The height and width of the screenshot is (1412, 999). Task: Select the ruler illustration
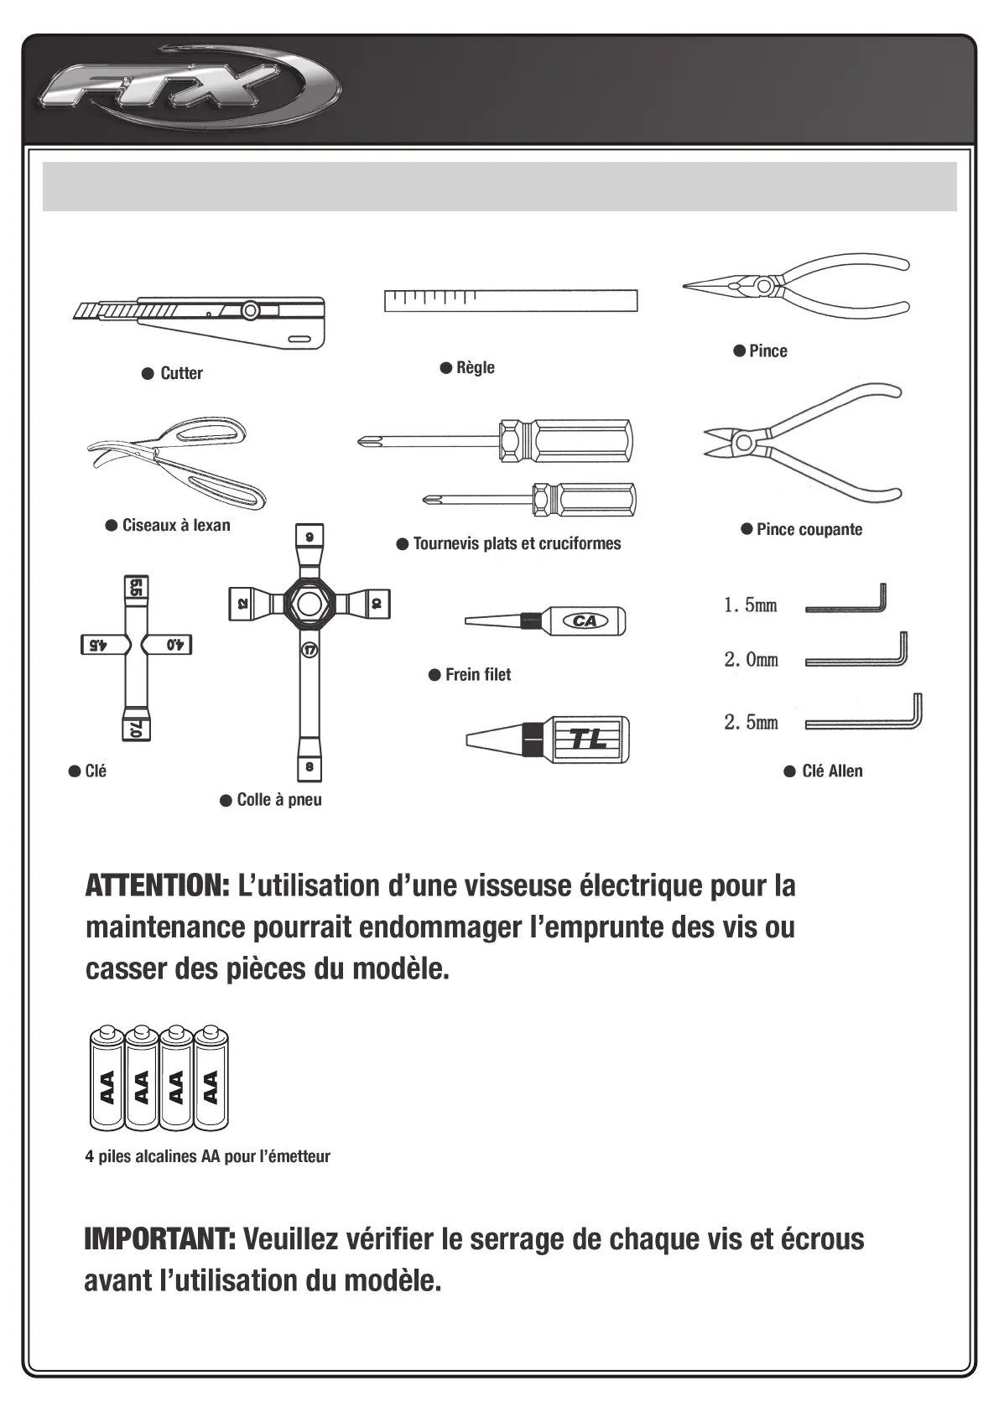coord(510,300)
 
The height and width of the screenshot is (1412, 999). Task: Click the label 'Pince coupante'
coord(809,529)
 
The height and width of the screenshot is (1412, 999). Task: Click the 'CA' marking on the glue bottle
coord(585,621)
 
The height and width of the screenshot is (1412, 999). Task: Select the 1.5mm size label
coord(751,605)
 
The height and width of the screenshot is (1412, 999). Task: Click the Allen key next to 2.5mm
coord(865,717)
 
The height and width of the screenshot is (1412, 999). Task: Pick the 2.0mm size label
coord(752,660)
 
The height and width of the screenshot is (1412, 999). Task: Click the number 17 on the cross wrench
coord(309,650)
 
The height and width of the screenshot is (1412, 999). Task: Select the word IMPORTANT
coord(159,1238)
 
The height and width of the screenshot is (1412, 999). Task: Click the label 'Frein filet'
coord(477,674)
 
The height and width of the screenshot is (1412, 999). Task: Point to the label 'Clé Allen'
coord(831,771)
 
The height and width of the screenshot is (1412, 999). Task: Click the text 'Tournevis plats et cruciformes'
coord(517,543)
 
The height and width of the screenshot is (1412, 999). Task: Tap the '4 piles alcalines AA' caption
coord(207,1156)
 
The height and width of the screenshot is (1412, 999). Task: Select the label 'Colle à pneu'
coord(278,800)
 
